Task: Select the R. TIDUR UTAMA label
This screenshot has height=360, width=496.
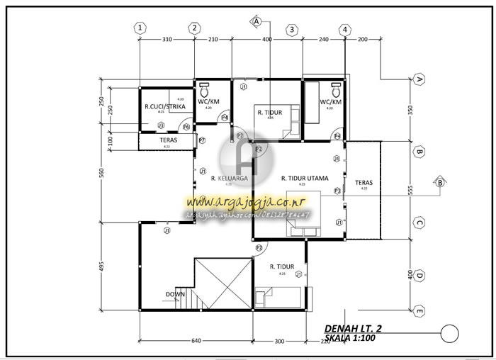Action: point(305,179)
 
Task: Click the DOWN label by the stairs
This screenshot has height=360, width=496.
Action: point(175,293)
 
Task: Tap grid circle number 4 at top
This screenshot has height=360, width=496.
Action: point(344,30)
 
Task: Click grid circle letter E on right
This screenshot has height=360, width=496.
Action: point(419,310)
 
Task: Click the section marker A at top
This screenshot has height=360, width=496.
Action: point(256,21)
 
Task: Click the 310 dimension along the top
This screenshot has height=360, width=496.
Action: point(167,40)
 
